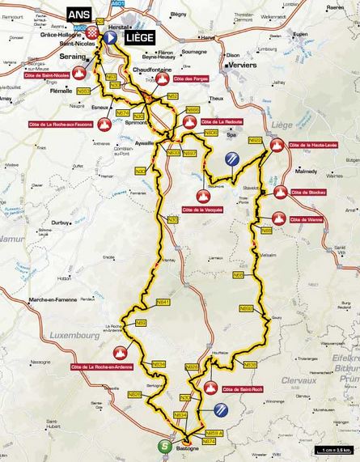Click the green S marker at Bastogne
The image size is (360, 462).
tap(164, 446)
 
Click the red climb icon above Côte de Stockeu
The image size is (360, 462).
tap(281, 192)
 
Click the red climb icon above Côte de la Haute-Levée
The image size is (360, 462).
tap(277, 146)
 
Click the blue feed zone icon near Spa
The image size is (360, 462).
tap(229, 159)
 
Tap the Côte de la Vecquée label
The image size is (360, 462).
tap(202, 209)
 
